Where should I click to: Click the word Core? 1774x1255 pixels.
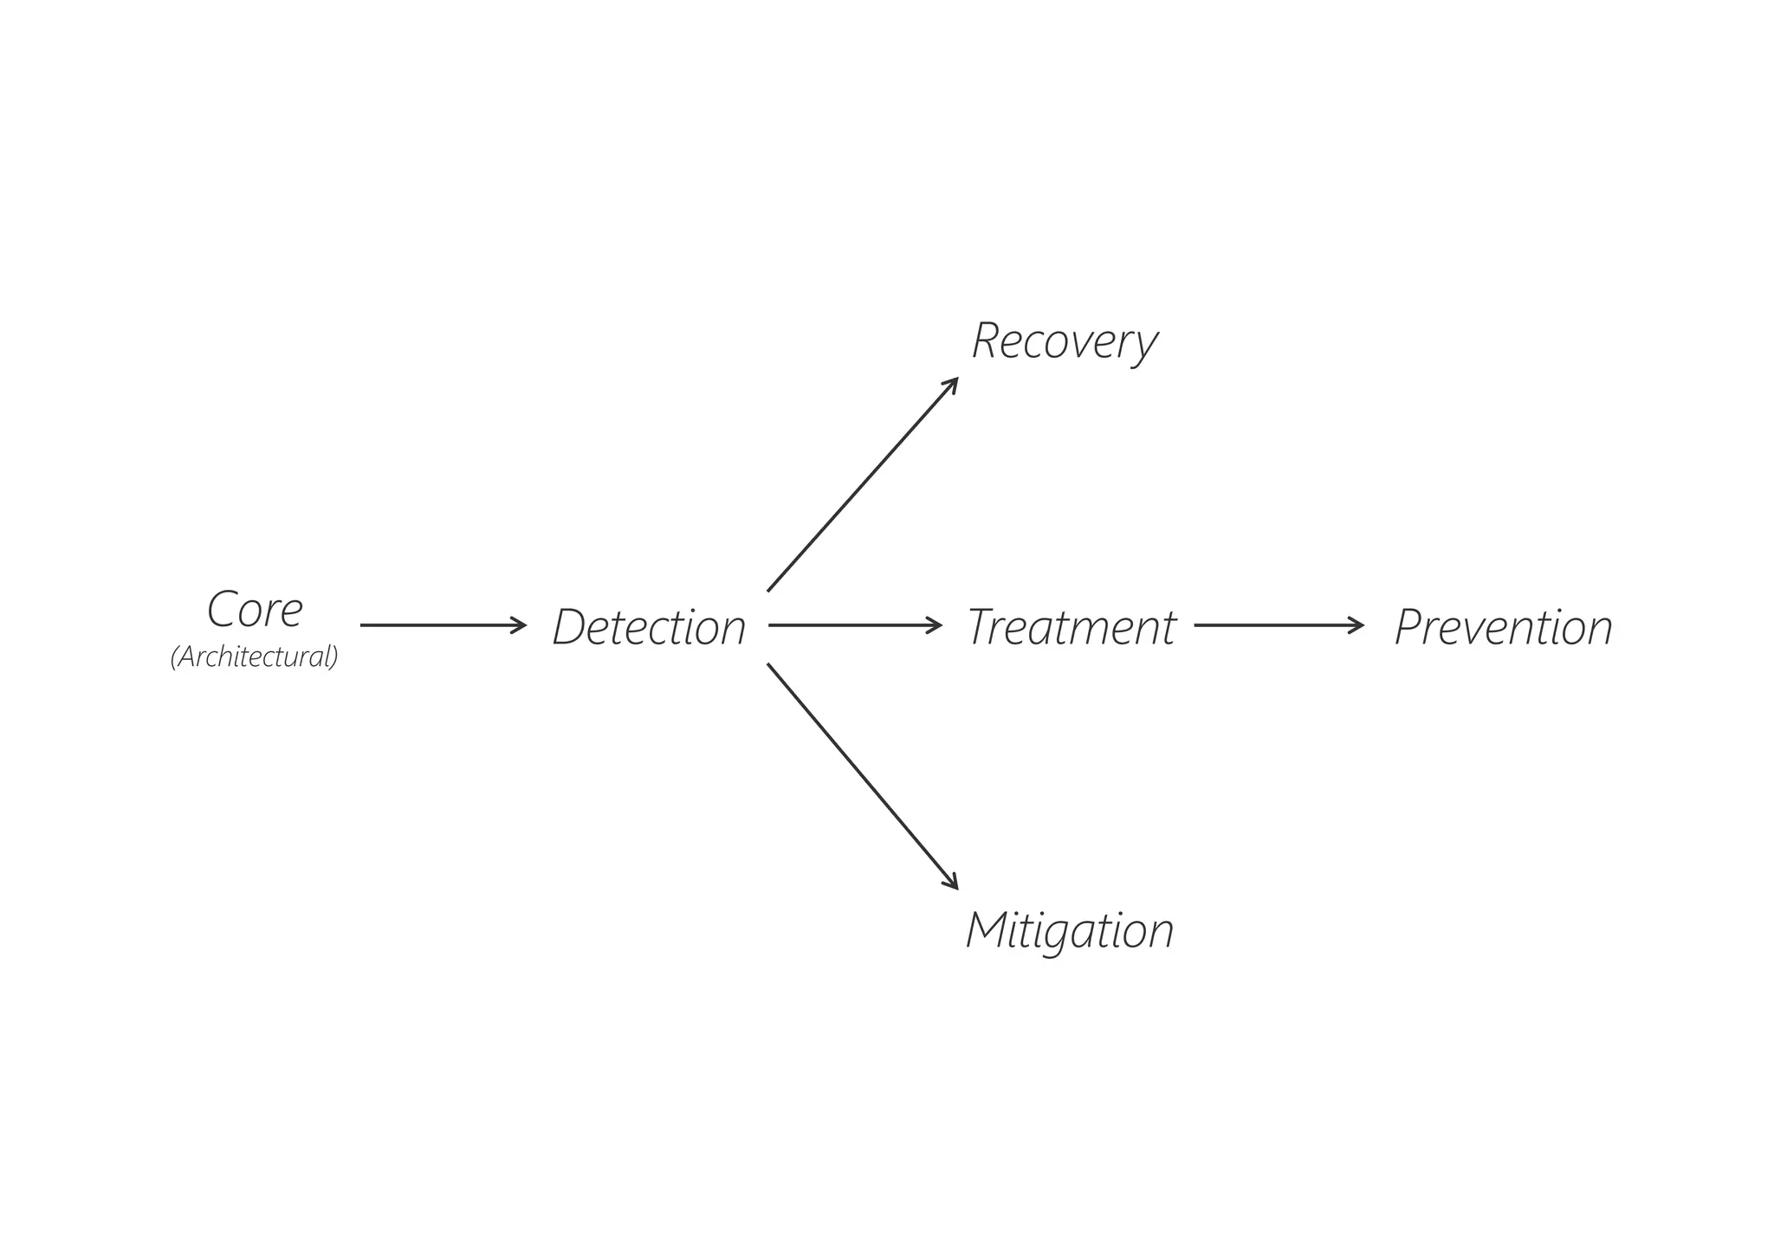255,610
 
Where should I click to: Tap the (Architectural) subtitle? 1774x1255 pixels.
254,657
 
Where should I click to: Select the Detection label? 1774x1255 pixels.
649,627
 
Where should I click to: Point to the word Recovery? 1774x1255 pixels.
1064,341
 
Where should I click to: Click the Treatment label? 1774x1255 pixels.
1071,627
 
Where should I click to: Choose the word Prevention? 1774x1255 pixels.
1503,627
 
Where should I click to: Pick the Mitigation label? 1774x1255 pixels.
1070,930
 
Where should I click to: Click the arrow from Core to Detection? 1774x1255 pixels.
442,624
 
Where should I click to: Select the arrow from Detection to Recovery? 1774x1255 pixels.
862,485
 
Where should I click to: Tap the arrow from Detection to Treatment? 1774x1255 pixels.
854,624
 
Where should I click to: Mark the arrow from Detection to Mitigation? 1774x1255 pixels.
862,775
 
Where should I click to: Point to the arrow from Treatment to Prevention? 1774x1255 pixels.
1278,624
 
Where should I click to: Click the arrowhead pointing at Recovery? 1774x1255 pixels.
952,384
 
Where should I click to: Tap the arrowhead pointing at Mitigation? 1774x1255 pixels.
952,883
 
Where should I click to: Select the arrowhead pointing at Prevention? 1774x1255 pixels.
1358,624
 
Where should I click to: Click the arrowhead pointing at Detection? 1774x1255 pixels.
521,624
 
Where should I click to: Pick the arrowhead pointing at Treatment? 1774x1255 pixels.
936,624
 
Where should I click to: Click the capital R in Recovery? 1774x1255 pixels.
986,340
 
